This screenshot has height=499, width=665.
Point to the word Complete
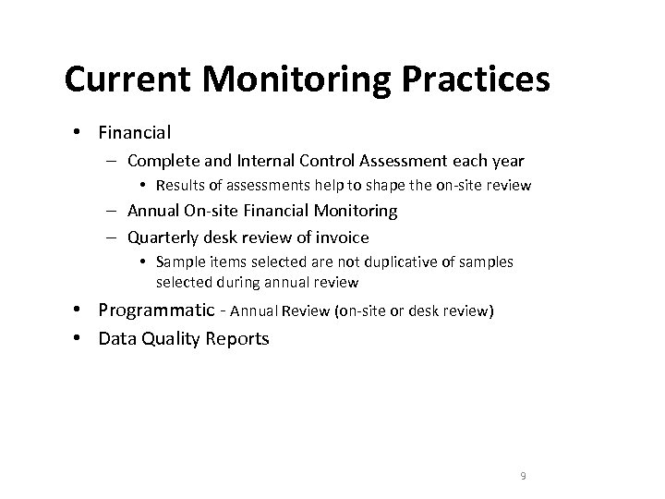click(161, 161)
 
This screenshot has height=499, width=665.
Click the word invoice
click(341, 237)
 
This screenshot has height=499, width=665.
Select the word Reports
click(237, 338)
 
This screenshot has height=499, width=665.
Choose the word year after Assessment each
click(505, 161)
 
